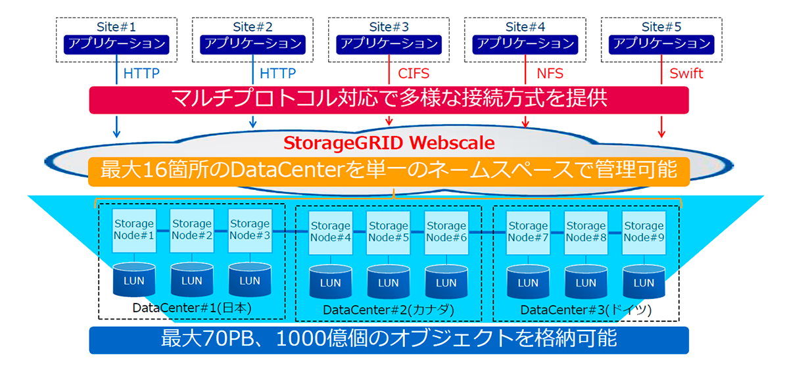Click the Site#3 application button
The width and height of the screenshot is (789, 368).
point(389,44)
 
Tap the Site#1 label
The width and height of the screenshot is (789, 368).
point(116,27)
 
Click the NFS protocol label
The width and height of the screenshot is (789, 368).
point(549,73)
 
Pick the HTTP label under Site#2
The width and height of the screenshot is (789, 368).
point(277,73)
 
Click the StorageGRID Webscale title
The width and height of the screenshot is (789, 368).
point(389,142)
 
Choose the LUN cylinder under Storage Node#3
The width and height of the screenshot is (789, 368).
point(250,281)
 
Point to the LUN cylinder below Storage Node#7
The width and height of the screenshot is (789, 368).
point(528,283)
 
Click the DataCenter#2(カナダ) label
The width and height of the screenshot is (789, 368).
point(389,310)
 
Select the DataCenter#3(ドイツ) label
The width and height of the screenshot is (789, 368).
point(586,310)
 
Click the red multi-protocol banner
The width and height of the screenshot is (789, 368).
point(389,100)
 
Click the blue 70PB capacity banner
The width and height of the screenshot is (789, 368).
point(389,340)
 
